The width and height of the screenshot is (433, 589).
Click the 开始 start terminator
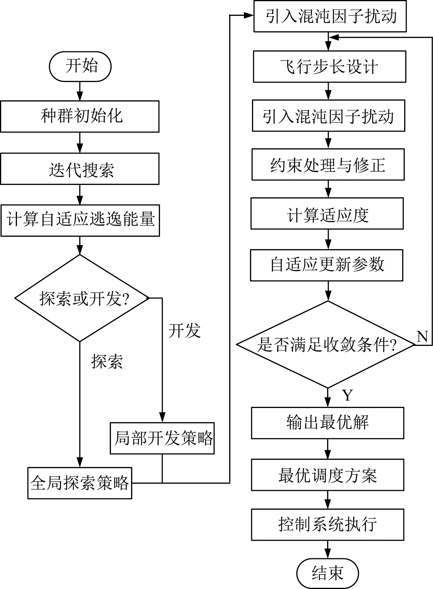(x=80, y=67)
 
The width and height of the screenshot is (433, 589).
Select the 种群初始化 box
(x=80, y=116)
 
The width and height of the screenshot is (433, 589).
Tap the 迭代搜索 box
(x=80, y=169)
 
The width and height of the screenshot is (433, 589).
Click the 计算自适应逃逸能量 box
(x=80, y=221)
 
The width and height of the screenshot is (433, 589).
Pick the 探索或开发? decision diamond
(x=82, y=298)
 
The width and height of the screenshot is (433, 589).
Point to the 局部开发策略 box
(x=162, y=438)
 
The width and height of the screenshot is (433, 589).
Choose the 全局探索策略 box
(x=80, y=483)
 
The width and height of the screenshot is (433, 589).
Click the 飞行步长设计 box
(x=330, y=67)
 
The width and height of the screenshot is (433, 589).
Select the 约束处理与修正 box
(x=328, y=165)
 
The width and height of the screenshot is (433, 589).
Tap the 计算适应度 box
(x=327, y=213)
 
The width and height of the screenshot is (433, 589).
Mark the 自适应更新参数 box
(x=327, y=266)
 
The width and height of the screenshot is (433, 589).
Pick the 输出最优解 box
(x=328, y=423)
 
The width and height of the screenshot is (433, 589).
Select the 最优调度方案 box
(x=328, y=475)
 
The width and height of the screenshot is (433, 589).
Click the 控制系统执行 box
(x=328, y=525)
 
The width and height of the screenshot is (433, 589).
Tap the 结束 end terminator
(x=328, y=573)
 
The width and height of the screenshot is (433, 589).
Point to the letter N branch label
(x=422, y=336)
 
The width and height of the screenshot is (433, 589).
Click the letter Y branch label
(x=348, y=395)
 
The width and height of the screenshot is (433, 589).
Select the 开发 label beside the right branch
(x=185, y=331)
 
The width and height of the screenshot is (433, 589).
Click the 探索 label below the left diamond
(x=107, y=361)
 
